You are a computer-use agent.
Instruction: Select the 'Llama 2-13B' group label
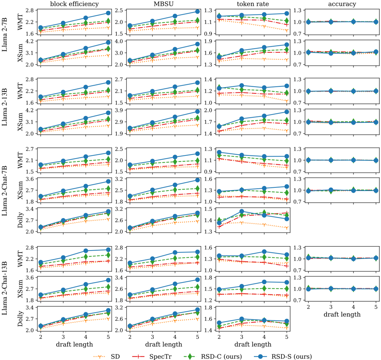(x=5, y=107)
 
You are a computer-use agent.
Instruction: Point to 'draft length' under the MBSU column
(x=164, y=344)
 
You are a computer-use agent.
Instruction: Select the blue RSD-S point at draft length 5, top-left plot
(x=108, y=13)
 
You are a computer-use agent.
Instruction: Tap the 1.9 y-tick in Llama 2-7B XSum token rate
(x=208, y=41)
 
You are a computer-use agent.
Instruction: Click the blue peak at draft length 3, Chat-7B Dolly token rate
(x=242, y=211)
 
